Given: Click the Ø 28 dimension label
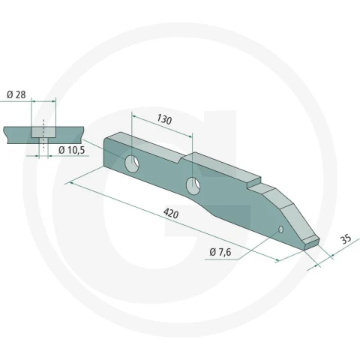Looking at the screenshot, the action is click(x=16, y=94).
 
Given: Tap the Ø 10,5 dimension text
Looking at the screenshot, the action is click(x=72, y=150).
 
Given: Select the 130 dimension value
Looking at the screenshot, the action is click(x=164, y=119).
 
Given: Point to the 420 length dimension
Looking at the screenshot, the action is click(x=171, y=214).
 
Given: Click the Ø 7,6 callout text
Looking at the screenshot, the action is click(x=220, y=252).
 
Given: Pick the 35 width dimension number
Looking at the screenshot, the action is click(x=346, y=239).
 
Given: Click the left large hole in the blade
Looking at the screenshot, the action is click(x=132, y=163).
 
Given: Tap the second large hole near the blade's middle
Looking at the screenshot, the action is click(x=193, y=186).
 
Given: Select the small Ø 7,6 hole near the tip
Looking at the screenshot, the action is click(x=280, y=229).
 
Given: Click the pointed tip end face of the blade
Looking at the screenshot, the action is click(x=312, y=244).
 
